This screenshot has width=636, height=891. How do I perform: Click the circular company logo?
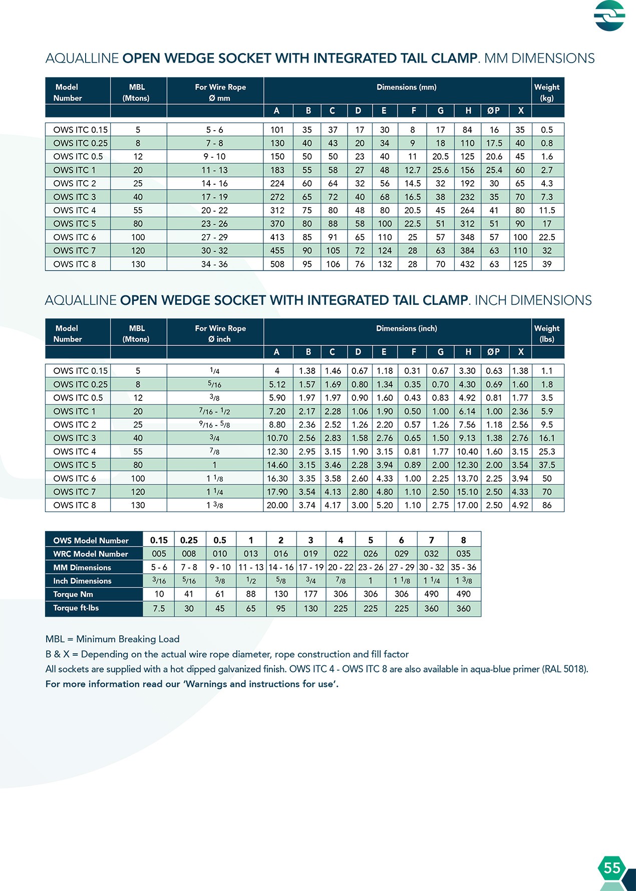609,16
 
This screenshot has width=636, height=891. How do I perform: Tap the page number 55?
612,868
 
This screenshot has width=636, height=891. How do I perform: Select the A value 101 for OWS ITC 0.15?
277,130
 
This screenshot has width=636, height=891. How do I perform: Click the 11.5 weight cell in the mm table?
547,210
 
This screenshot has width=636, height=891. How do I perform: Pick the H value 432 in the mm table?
467,264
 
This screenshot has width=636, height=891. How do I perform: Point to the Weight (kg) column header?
547,92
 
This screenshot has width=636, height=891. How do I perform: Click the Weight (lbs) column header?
547,333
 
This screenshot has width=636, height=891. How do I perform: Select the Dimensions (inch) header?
406,328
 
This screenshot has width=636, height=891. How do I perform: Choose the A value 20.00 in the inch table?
277,505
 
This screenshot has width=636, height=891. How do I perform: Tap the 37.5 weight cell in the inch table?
547,465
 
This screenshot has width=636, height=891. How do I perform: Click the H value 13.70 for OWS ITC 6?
467,478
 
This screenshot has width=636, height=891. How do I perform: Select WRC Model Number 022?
341,554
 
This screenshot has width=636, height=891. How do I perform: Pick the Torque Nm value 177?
310,594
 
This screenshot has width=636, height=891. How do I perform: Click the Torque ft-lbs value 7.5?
159,608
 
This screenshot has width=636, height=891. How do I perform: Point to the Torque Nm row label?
73,594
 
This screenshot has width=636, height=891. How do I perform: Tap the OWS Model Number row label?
91,541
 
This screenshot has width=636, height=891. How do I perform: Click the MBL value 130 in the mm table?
138,264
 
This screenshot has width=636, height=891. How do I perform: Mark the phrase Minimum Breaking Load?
128,639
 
